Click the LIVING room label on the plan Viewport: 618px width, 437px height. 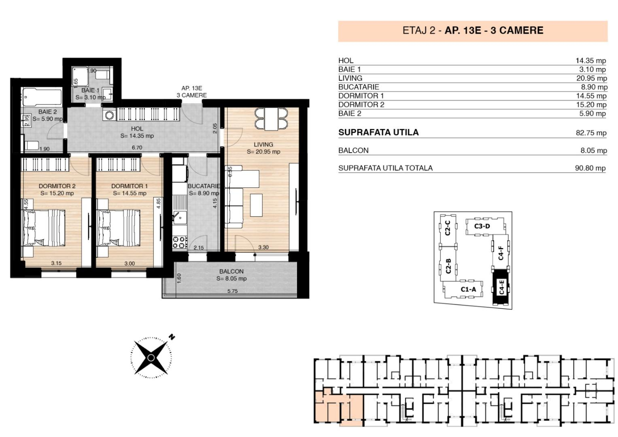point(263,144)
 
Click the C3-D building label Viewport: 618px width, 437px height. point(482,226)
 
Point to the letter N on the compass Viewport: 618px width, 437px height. point(172,337)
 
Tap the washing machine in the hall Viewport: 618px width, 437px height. point(109,115)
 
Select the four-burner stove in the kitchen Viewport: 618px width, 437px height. point(180,242)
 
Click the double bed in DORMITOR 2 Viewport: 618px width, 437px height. point(44,227)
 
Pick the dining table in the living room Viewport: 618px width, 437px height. point(271,119)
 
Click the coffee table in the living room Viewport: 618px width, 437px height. point(256,205)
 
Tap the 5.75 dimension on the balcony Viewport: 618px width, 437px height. point(232,291)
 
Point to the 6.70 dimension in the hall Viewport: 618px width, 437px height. point(137,148)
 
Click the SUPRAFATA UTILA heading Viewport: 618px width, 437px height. point(378,132)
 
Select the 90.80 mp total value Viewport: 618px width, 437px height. point(590,168)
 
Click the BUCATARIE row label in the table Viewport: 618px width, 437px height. point(359,87)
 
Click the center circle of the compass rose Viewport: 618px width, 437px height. point(151,358)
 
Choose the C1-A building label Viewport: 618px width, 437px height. point(468,289)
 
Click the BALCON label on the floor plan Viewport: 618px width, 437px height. point(231,272)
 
